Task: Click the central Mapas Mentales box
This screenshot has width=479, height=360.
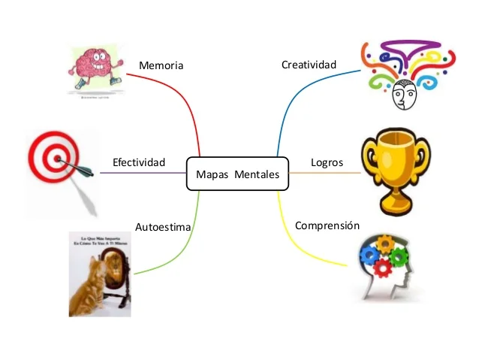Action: (x=237, y=174)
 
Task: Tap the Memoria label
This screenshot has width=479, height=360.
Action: (x=161, y=66)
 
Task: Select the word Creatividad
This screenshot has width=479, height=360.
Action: (x=309, y=65)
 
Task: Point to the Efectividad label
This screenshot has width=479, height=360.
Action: (x=138, y=163)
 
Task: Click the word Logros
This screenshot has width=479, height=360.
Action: (x=327, y=163)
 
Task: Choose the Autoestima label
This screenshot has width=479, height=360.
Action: (x=163, y=226)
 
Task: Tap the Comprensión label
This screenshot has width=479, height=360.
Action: (x=327, y=225)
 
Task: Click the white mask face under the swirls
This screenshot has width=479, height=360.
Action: (x=404, y=93)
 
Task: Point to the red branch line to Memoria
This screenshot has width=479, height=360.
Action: (x=188, y=101)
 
